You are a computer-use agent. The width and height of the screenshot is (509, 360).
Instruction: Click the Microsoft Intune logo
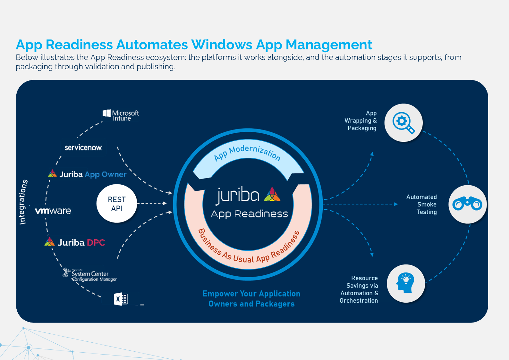coord(121,115)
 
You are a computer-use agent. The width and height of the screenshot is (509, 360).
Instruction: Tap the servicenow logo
coord(83,147)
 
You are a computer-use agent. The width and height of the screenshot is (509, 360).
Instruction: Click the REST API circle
coord(117,204)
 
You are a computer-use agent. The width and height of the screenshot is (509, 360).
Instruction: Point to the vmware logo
coord(53,211)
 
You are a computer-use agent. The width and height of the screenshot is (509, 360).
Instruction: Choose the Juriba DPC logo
coord(75,242)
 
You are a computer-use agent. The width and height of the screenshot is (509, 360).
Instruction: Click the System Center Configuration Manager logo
coord(90,275)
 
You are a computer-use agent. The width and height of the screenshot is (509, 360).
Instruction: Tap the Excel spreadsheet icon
coord(121,299)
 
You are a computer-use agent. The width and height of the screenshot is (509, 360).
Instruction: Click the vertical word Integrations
coord(23,202)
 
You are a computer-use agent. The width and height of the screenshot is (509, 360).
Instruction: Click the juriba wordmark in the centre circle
coord(238,195)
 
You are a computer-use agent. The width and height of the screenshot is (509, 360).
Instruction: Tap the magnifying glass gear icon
coord(403,123)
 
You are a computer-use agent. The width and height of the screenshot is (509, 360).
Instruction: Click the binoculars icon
coord(467,204)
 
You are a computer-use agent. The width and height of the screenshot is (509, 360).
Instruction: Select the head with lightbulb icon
coord(406,283)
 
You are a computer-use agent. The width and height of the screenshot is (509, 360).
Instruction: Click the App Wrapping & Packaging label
coord(361,121)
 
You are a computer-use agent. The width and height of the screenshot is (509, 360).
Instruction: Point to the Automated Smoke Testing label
coord(421,204)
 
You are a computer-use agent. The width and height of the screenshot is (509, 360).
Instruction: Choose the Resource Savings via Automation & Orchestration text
coord(359,289)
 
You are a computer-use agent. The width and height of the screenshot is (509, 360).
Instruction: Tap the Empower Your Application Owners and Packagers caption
coord(251,298)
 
